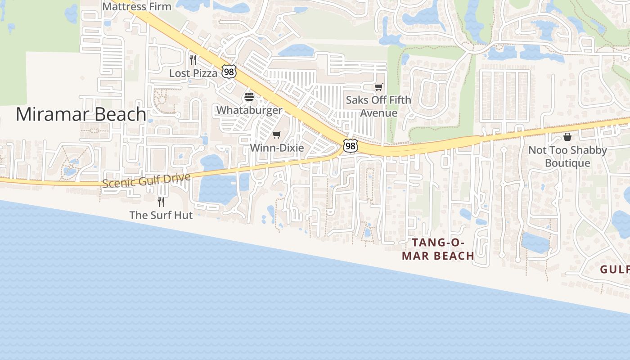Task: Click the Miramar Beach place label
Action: (81, 114)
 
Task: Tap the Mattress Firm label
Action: (137, 6)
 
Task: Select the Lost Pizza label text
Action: (193, 73)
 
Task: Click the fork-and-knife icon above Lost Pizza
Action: (193, 59)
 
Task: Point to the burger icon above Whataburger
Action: (249, 97)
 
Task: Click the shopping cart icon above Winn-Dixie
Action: (277, 135)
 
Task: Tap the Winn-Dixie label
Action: (277, 148)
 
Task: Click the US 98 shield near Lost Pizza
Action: (229, 72)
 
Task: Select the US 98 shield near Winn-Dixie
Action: (351, 145)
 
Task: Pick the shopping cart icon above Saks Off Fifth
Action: (379, 87)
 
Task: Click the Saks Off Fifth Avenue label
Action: (378, 106)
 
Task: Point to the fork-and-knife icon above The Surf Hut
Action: (161, 202)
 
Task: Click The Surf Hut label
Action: (161, 215)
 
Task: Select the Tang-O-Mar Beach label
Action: (438, 249)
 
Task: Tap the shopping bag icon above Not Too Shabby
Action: (567, 137)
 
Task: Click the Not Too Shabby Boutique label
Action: (567, 156)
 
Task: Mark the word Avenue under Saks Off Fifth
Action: (378, 113)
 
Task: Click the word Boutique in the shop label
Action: (567, 163)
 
